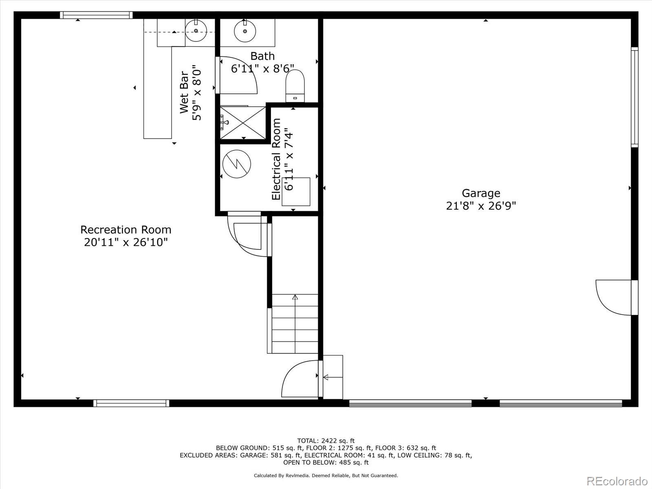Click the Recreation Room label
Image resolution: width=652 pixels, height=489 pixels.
point(126,229)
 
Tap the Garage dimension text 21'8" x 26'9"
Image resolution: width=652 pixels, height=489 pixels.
point(481,206)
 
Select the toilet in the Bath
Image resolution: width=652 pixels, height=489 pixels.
point(295,86)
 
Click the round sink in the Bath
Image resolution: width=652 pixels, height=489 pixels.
point(245,31)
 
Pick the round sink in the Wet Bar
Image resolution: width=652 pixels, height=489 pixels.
point(196,31)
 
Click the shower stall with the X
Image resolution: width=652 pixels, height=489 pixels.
point(243,123)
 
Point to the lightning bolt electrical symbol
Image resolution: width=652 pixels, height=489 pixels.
point(236,164)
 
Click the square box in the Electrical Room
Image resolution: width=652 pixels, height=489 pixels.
point(296,192)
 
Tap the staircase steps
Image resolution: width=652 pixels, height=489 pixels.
point(295,324)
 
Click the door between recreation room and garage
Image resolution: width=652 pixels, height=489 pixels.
point(301,379)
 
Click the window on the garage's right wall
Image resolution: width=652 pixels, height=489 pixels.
point(634,97)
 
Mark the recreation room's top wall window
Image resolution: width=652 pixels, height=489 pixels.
point(97,15)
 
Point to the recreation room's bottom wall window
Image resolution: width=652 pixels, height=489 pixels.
point(131,403)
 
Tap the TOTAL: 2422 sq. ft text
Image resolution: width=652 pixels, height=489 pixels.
point(326,441)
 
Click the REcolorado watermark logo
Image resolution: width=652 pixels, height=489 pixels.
point(617,481)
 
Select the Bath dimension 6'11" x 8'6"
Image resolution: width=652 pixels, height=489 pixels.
point(262,68)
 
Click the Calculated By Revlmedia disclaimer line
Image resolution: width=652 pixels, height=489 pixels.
point(326,476)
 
